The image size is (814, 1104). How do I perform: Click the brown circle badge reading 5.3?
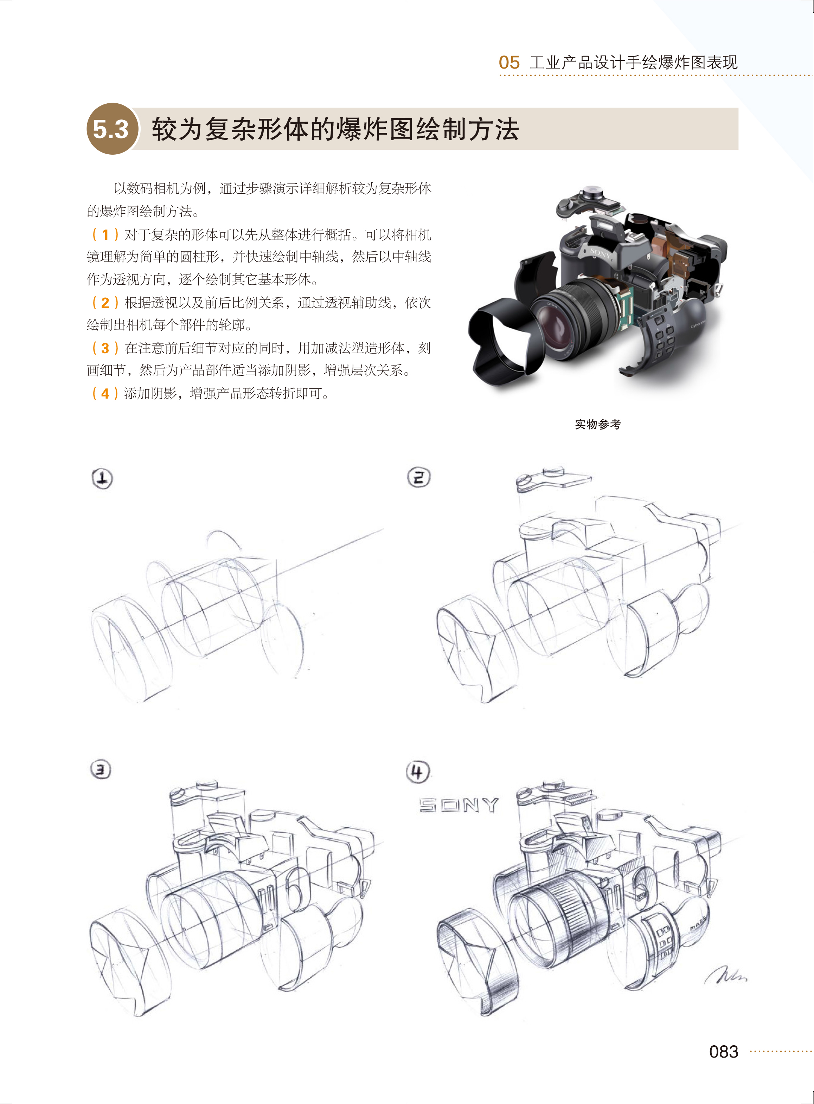point(111,129)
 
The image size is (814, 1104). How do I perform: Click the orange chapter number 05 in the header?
point(509,63)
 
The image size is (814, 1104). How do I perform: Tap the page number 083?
point(723,1051)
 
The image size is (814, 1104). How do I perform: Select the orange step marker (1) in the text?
point(105,234)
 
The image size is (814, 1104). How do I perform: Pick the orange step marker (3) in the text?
point(105,348)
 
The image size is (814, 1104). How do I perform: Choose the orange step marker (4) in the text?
point(105,393)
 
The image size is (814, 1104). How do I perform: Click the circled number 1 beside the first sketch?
point(102,478)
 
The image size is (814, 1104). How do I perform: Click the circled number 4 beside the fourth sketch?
point(418,771)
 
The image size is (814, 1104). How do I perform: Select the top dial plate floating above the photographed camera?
point(589,202)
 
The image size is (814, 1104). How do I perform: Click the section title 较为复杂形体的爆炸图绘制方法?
point(335,129)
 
